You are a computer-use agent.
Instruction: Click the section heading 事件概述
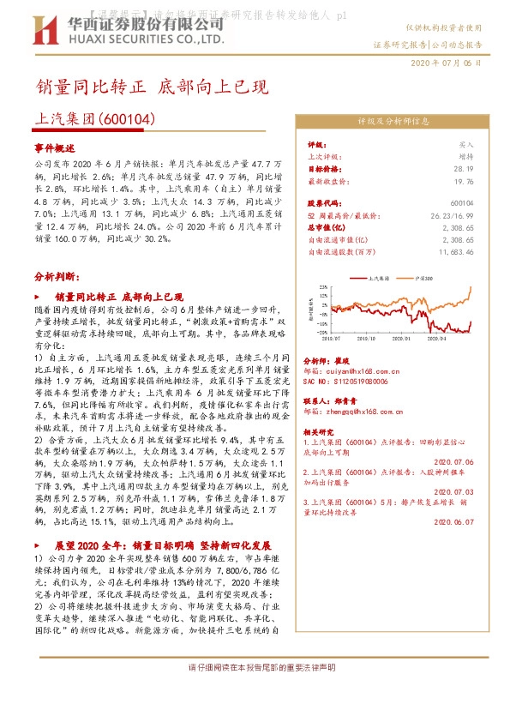(55, 147)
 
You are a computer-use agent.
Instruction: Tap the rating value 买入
(466, 145)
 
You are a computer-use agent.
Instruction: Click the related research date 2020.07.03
(454, 492)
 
